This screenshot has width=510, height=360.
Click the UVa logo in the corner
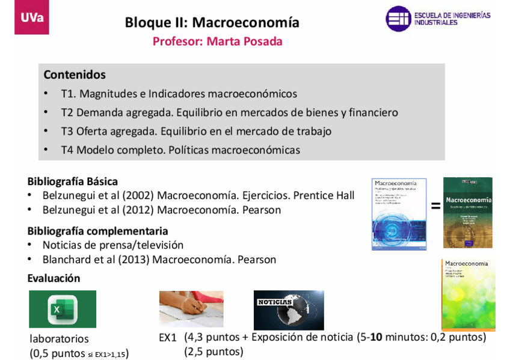click(32, 17)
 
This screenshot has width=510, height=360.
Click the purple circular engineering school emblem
click(398, 19)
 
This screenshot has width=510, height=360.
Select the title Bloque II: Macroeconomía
click(212, 23)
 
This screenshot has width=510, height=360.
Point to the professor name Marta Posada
click(244, 41)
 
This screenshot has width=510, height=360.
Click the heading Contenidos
click(75, 75)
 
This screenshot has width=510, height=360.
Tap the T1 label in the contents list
click(68, 94)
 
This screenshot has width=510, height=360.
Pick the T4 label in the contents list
click(68, 150)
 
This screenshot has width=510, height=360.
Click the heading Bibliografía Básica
click(72, 181)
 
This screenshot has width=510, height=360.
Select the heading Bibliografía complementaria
click(97, 231)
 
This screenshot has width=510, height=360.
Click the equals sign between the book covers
click(435, 207)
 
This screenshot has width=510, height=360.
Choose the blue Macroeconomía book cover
click(399, 214)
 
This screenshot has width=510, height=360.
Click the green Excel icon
click(63, 310)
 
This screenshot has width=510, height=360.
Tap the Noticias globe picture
click(289, 310)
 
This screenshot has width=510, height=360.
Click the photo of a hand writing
click(191, 308)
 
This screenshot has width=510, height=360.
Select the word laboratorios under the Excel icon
click(59, 339)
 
